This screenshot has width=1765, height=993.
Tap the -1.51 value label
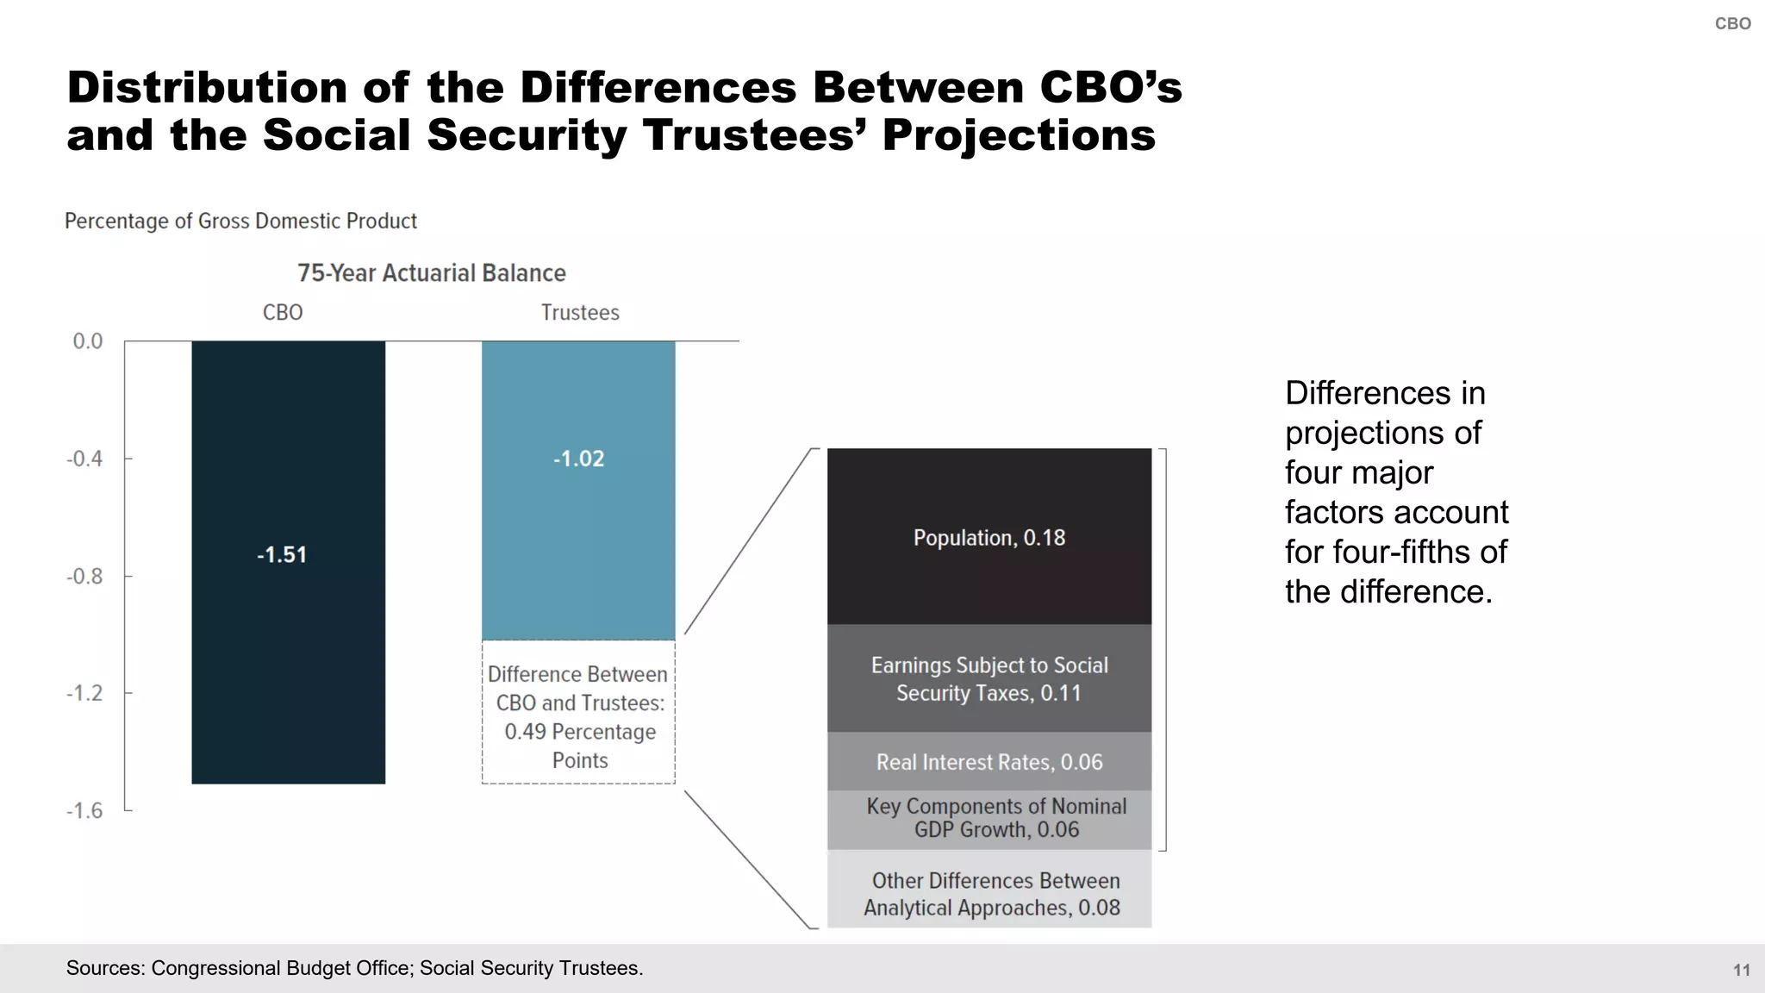282,554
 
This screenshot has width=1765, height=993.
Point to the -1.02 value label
578,459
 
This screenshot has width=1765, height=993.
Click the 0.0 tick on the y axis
87,341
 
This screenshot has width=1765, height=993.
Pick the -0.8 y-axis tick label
84,576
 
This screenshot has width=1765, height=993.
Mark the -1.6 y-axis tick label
84,810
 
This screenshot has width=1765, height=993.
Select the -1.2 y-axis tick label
84,693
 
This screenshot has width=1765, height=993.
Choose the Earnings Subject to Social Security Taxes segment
989,678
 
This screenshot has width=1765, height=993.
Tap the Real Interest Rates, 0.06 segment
989,762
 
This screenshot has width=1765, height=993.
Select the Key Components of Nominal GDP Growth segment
989,818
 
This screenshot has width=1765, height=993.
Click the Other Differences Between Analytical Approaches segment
989,893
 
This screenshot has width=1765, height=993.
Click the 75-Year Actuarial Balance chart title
431,273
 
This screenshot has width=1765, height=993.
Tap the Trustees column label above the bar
580,312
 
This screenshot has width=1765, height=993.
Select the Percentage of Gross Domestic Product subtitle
240,222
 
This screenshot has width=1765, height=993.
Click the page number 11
1741,970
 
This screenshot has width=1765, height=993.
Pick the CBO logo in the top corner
1732,24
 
